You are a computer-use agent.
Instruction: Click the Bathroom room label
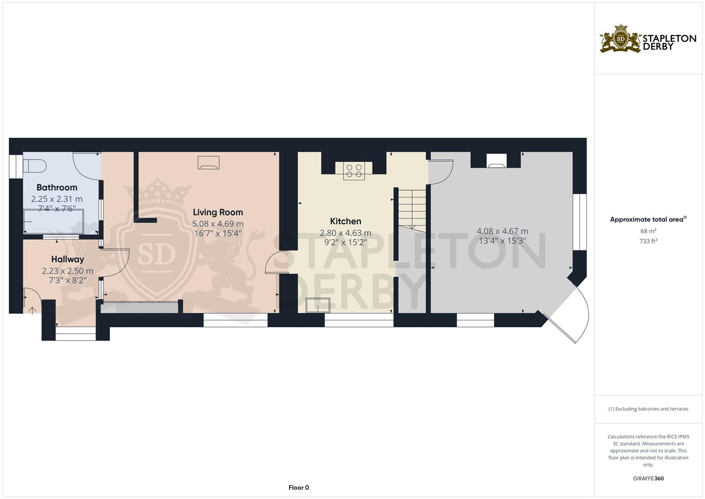[x=57, y=187]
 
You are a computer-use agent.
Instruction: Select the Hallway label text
[x=67, y=259]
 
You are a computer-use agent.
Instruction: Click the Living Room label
[x=217, y=212]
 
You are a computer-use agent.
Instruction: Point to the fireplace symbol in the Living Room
[x=208, y=163]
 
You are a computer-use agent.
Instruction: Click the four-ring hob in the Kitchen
[x=354, y=171]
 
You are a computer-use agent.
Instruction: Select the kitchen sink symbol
[x=318, y=305]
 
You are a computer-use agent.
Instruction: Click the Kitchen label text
[x=345, y=221]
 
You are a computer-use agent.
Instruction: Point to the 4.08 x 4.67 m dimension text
[x=502, y=231]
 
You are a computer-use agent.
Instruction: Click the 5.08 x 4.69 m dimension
[x=217, y=224]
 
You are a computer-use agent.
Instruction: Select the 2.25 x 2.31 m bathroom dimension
[x=57, y=199]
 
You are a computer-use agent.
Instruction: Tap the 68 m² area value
[x=648, y=231]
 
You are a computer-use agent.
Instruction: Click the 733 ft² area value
[x=648, y=241]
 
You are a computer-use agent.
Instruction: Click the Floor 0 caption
[x=298, y=487]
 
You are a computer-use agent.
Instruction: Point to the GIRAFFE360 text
[x=648, y=478]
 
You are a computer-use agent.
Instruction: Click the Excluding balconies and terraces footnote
[x=648, y=409]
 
